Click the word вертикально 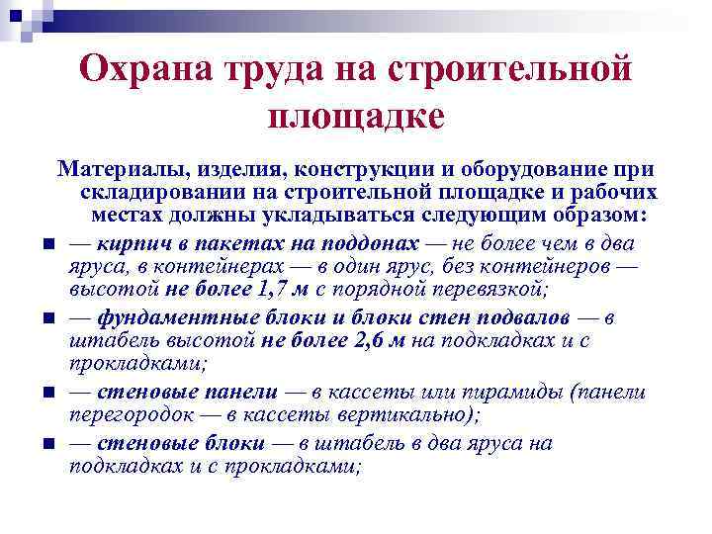pos(400,415)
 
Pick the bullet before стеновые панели pos(46,394)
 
